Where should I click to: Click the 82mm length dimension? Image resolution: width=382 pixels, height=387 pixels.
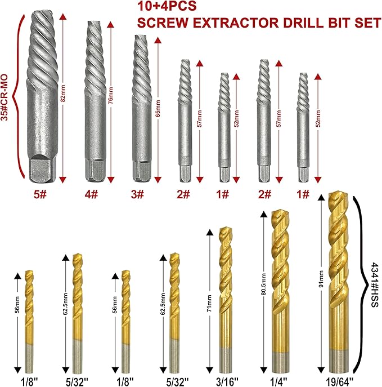coord(63,96)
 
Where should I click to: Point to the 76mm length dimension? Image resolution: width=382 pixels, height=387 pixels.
coord(110,96)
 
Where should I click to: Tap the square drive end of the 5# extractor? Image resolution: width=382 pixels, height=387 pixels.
coord(44,170)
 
